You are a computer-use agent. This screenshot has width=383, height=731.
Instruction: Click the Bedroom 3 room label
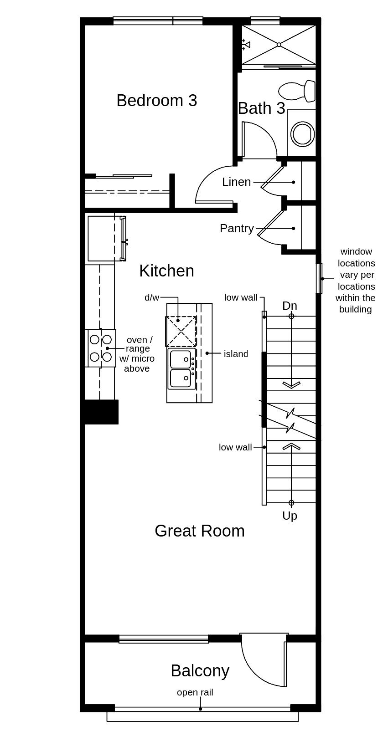coord(157,101)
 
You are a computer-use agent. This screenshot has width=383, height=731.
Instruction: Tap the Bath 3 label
coord(261,108)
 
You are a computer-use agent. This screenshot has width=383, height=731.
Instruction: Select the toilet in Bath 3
coord(297,91)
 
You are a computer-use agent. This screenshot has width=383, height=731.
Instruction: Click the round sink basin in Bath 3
coord(303,134)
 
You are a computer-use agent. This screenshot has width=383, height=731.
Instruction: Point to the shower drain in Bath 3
coord(279,44)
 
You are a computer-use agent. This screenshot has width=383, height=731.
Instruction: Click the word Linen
coord(237,182)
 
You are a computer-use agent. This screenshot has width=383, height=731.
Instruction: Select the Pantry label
coord(237,229)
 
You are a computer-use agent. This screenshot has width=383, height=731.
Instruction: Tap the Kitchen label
coord(167,271)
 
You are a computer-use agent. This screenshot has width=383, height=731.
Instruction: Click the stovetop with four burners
coord(101,348)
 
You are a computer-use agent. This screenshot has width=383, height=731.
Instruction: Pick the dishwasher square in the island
coord(181,332)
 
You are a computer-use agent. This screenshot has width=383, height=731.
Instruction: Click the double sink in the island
coord(181,369)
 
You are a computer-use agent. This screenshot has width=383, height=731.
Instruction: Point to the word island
coord(236,354)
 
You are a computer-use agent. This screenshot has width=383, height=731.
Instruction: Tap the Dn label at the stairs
coord(290,306)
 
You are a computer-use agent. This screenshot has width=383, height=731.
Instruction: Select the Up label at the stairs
coord(290,516)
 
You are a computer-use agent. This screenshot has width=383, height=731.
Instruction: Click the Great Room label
coord(200,531)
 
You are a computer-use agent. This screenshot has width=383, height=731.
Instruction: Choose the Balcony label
coord(200,671)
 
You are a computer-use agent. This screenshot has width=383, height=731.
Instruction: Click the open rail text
coord(195,692)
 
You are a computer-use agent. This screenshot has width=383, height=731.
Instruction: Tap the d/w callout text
coord(152,297)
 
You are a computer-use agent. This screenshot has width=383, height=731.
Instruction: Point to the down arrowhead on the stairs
coord(291,385)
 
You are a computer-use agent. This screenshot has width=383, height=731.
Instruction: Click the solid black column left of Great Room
coord(102,412)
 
